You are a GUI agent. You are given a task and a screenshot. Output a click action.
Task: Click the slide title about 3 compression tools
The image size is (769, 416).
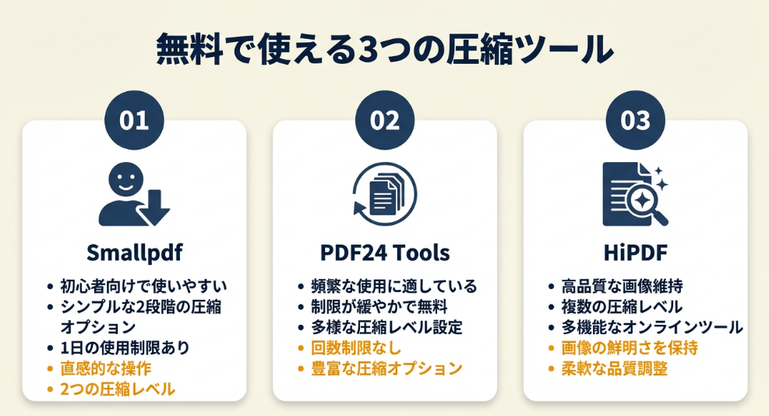(385, 49)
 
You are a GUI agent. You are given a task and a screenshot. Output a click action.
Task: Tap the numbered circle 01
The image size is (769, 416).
(134, 120)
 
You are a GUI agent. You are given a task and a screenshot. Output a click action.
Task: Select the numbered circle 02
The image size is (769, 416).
(385, 120)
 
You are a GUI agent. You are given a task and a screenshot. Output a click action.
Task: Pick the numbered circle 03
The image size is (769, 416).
(636, 120)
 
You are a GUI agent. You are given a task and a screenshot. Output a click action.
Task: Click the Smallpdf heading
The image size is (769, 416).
(134, 252)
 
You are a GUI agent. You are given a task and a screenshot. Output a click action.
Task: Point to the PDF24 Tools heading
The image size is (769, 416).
(385, 252)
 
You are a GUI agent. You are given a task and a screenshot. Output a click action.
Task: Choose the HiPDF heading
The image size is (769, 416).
(636, 252)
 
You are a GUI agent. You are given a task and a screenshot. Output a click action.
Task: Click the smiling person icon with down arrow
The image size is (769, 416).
(134, 195)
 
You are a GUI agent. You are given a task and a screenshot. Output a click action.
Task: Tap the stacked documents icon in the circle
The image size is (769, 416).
(385, 194)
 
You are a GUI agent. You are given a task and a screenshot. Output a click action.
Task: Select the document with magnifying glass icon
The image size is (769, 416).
(636, 194)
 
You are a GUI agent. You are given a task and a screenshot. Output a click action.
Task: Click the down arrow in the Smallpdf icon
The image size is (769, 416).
(153, 208)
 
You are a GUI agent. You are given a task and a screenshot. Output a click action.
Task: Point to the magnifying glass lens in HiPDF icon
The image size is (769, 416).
(641, 199)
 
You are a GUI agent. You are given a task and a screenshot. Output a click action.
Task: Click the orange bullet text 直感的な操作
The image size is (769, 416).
(106, 368)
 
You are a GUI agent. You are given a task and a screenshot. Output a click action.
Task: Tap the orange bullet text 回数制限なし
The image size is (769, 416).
(357, 347)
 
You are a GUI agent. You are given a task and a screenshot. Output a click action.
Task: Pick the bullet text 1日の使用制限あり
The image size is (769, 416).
(125, 347)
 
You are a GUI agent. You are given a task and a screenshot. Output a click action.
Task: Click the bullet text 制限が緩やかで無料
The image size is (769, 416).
(379, 307)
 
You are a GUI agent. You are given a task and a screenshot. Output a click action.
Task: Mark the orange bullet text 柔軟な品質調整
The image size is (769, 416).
(615, 368)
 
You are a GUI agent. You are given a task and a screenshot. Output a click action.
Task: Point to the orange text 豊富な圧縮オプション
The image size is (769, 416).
(387, 368)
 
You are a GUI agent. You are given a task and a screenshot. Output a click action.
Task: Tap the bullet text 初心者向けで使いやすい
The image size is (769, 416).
(143, 286)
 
